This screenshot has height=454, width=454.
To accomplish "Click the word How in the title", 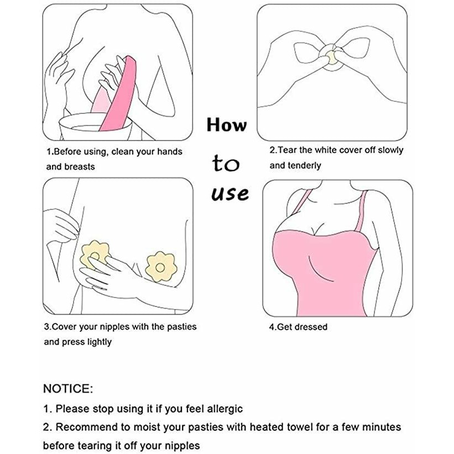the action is (x=227, y=125).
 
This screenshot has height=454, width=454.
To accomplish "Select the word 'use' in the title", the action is (x=230, y=194).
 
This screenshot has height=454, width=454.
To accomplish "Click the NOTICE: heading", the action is (x=68, y=389).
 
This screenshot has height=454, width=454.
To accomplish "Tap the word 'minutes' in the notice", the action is (x=382, y=427).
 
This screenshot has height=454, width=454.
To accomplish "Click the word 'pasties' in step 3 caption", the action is (x=182, y=327).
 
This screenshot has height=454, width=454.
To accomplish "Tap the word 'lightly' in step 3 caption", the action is (x=100, y=342).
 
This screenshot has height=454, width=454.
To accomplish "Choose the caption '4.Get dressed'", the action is (x=298, y=327).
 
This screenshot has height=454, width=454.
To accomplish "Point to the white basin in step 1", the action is (x=96, y=127).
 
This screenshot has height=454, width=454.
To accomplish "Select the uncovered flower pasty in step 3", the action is (x=161, y=267).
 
